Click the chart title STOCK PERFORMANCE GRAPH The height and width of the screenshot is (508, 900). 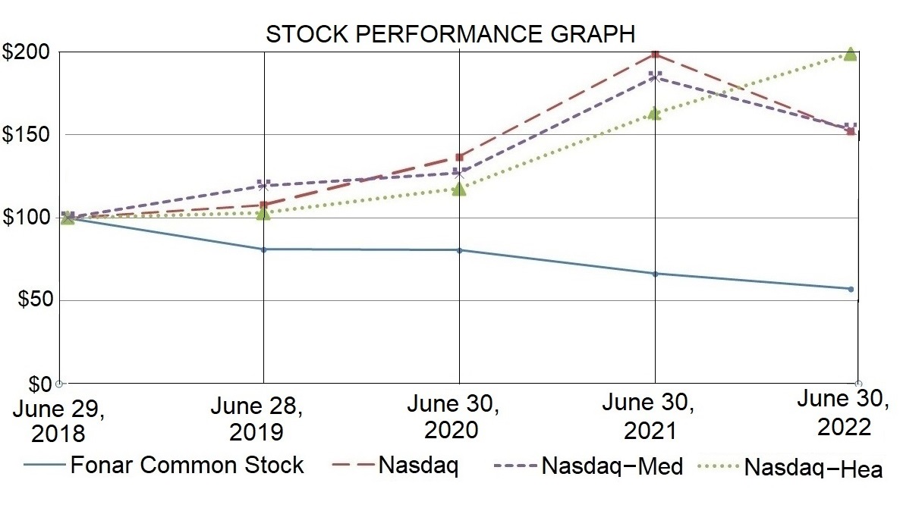[x=449, y=34]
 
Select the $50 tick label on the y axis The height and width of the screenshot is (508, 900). [x=31, y=301]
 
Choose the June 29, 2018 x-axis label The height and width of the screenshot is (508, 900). [x=59, y=421]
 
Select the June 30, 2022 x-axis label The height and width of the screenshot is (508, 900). [x=845, y=413]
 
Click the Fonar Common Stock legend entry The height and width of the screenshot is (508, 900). [x=164, y=465]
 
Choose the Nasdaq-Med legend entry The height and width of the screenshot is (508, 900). [x=588, y=466]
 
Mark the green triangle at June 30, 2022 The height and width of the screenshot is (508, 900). [x=851, y=54]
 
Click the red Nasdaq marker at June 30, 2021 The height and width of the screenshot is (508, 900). [x=655, y=55]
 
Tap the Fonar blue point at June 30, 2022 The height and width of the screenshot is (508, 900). [x=851, y=289]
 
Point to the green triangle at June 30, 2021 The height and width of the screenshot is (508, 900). [x=655, y=114]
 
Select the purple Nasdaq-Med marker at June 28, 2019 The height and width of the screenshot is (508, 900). [x=263, y=185]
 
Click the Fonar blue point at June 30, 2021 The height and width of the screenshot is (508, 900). [x=655, y=274]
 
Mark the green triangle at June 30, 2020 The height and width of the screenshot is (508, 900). [x=458, y=189]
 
